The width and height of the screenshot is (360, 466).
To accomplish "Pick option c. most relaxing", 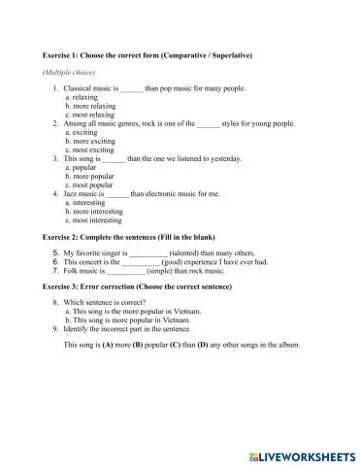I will [91, 115].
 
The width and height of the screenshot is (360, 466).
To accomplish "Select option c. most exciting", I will [90, 150].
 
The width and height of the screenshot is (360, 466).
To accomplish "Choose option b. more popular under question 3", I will [89, 176].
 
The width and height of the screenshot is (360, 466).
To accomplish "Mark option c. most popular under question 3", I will [89, 184].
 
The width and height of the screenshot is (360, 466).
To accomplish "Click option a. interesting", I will [90, 202].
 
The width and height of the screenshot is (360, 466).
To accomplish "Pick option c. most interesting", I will [94, 219].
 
